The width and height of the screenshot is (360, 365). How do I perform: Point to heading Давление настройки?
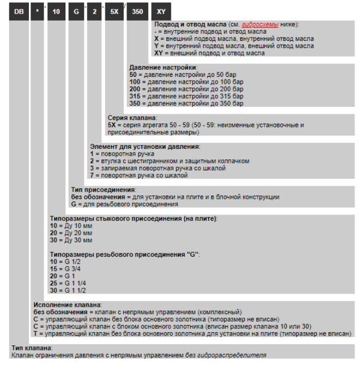(155, 67)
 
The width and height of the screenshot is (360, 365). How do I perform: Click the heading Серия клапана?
(133, 118)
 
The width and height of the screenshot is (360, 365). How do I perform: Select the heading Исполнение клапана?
(68, 304)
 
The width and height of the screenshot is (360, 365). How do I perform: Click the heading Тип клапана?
(32, 347)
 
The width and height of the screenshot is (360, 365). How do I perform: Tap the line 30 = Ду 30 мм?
(71, 240)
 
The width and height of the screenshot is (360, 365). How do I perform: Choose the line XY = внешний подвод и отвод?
(209, 53)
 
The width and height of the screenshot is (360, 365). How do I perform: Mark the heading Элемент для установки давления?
(144, 147)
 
